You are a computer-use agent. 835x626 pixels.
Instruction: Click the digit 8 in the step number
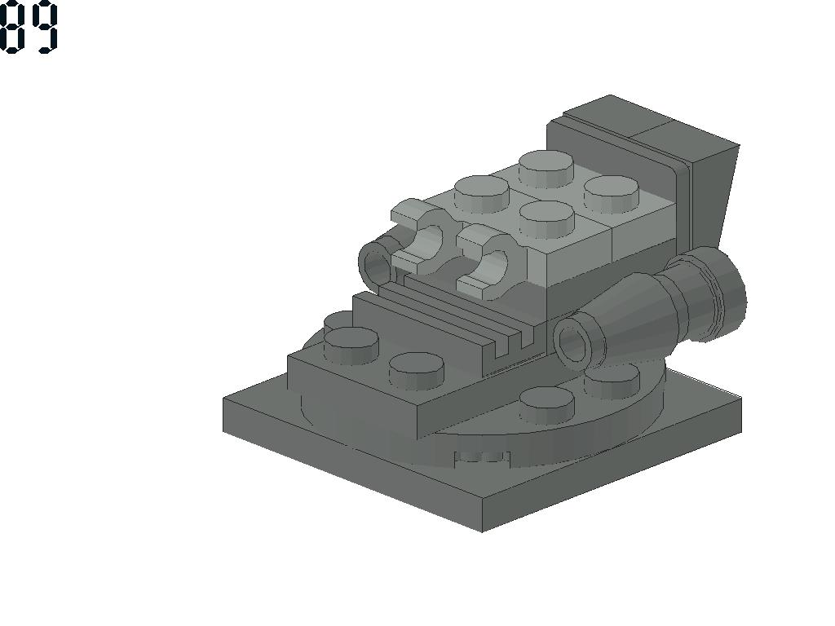11,27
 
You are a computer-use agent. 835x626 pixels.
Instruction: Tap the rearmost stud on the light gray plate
546,168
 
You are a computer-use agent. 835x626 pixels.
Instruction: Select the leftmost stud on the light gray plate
481,194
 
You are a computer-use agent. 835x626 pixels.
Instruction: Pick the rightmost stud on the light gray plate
612,194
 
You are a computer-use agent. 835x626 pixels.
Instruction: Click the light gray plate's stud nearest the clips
546,218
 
